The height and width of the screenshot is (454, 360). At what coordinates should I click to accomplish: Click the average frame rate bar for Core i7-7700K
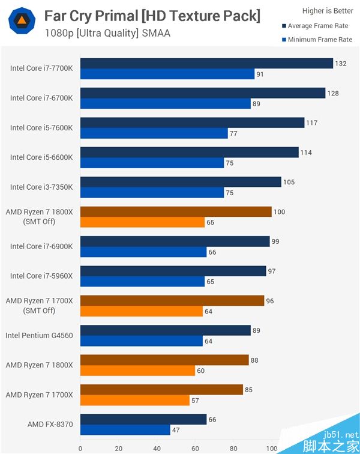tap(206, 63)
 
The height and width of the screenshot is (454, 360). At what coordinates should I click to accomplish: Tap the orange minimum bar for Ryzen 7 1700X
tap(135, 401)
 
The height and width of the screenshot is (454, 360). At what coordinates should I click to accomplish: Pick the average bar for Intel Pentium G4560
tap(165, 330)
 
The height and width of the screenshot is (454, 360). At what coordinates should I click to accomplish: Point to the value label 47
tap(177, 430)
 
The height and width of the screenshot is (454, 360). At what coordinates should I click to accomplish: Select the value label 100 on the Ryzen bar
tap(279, 211)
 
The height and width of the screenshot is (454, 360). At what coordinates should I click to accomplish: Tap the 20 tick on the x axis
tap(118, 447)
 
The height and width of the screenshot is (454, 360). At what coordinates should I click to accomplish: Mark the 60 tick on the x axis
tap(195, 447)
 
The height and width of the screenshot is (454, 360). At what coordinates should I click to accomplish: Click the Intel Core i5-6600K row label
tap(41, 157)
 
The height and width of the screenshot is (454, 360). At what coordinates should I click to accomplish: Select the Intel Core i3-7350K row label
tap(41, 187)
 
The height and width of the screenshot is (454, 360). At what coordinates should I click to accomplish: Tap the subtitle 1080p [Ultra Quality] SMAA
tap(107, 33)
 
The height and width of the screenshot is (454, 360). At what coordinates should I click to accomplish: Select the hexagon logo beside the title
tap(22, 22)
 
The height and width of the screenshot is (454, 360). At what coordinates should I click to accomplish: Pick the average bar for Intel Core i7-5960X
tap(173, 271)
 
